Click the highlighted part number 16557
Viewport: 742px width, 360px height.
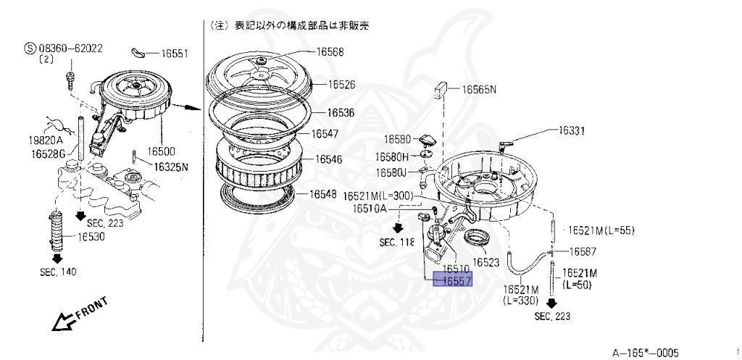click(x=452, y=280)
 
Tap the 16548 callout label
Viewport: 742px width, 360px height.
click(x=322, y=194)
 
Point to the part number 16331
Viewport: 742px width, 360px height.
click(x=572, y=131)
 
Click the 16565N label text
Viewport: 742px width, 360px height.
click(x=480, y=90)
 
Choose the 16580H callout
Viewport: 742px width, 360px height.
click(x=392, y=156)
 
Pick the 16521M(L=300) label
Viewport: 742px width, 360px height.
click(x=378, y=196)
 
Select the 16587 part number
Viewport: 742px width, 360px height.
click(x=583, y=251)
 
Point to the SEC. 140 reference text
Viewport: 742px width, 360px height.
click(x=58, y=272)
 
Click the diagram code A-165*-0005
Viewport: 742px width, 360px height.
click(x=646, y=353)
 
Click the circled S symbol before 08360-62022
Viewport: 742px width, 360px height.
click(x=30, y=49)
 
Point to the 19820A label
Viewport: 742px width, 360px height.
click(x=46, y=140)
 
